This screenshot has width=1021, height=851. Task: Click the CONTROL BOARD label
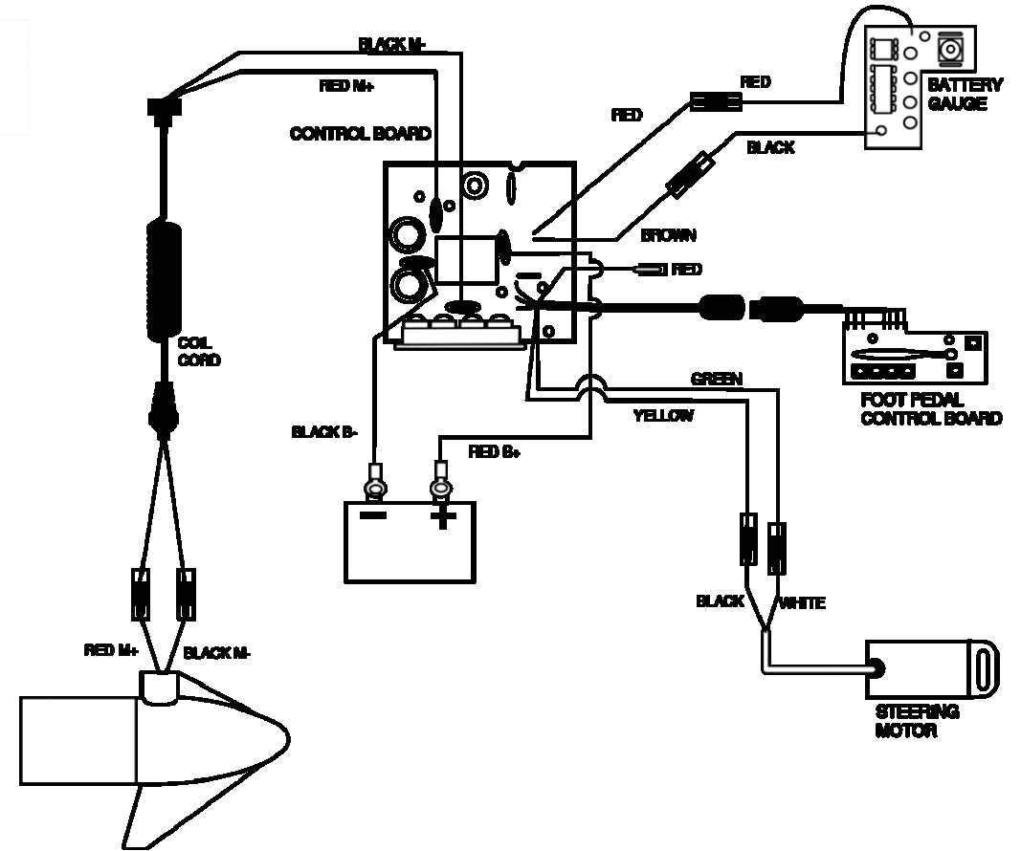(360, 134)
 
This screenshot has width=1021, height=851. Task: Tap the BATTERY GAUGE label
(965, 94)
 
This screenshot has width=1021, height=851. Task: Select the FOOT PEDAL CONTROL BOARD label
(931, 409)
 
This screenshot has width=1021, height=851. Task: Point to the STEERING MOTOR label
(917, 722)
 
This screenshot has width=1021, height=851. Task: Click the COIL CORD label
(198, 352)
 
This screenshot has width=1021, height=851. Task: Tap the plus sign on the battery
(442, 518)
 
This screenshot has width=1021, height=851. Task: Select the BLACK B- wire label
(324, 432)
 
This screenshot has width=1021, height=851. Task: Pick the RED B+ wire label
(494, 451)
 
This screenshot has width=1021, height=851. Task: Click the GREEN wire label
(716, 380)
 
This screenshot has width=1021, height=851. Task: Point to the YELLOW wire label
(663, 416)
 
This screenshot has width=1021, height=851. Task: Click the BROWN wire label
(668, 235)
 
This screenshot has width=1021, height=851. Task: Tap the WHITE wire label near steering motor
(802, 602)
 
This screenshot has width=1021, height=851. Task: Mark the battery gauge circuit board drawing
(894, 86)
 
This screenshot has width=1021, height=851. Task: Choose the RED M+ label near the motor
(112, 651)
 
